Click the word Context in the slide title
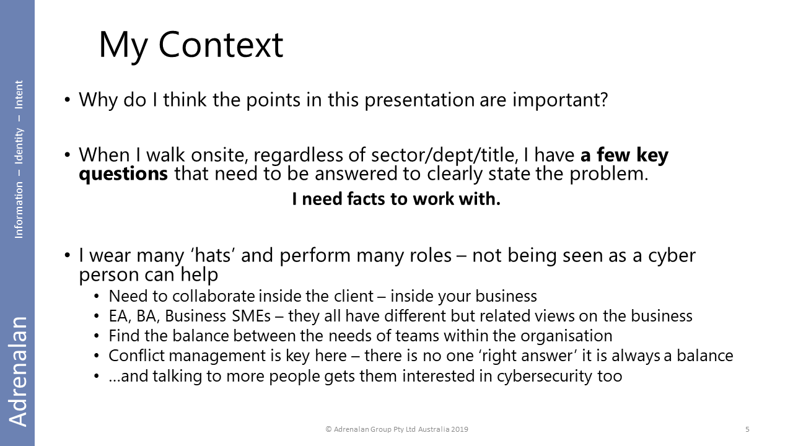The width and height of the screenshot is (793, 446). click(221, 45)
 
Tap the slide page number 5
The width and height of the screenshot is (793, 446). click(747, 429)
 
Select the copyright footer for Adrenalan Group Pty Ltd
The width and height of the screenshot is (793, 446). click(397, 429)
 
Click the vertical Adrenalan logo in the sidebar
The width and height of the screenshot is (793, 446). click(18, 371)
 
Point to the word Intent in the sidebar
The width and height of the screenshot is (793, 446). click(19, 95)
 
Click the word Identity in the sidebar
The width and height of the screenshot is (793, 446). click(19, 146)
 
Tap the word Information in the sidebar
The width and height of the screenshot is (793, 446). click(19, 210)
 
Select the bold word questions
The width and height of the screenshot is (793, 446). click(123, 175)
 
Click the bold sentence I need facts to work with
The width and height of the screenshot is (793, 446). click(396, 199)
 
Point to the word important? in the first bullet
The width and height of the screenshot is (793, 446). click(560, 100)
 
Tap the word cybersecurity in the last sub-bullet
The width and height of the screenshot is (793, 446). click(544, 376)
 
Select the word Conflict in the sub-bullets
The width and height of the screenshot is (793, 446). click(137, 356)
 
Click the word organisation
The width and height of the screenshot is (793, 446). click(566, 336)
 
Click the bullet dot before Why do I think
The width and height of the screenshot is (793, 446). click(68, 100)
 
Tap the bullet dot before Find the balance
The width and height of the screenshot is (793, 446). click(96, 336)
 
